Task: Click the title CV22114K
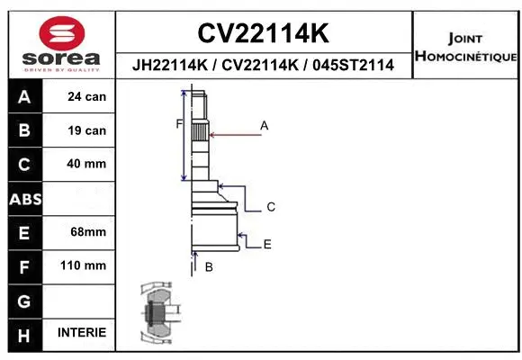[263, 33]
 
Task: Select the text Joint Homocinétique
[464, 48]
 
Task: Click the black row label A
[24, 97]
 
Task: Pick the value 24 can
[86, 97]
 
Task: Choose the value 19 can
[86, 130]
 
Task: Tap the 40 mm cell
[86, 165]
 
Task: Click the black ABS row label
[24, 199]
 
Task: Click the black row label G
[24, 300]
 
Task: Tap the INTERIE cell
[82, 333]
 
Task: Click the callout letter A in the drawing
[265, 126]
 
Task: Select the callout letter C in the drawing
[270, 207]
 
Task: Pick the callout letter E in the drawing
[267, 244]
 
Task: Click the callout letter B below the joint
[209, 267]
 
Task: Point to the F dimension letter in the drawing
[179, 124]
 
